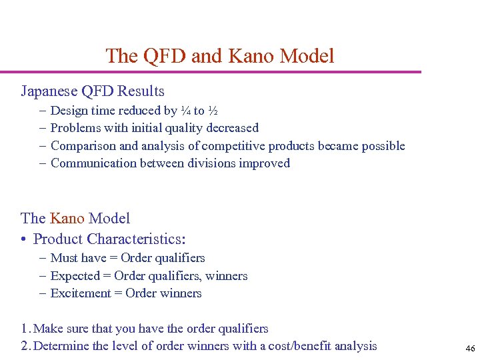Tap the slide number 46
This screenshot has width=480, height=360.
[x=470, y=348]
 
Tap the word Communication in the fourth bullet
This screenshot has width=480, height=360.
[x=93, y=163]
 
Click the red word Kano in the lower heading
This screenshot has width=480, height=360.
[x=67, y=218]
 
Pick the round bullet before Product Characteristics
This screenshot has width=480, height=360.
[x=24, y=239]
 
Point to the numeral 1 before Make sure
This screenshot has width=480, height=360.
[x=24, y=329]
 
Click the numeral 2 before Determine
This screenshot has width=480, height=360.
[x=24, y=346]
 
